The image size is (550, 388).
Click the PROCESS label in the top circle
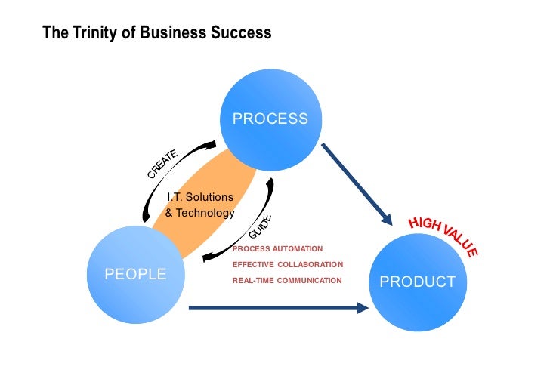(270, 119)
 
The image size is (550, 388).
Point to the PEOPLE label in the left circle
(135, 274)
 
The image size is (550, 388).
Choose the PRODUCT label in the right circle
(417, 282)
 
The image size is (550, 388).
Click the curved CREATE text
(162, 164)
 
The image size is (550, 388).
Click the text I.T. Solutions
(200, 197)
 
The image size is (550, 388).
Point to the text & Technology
(200, 213)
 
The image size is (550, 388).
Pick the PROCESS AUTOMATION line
(277, 248)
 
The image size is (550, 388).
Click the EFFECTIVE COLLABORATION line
(287, 264)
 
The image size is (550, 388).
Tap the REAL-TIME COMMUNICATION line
(287, 280)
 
